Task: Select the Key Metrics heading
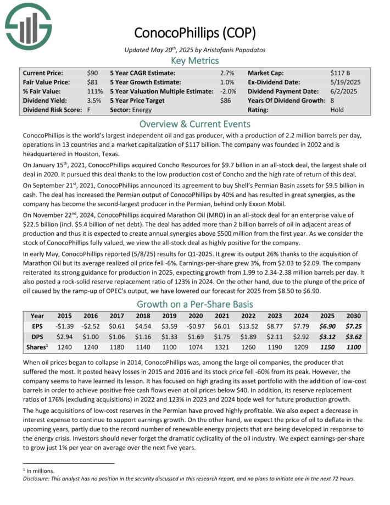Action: point(195,60)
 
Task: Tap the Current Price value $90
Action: point(92,73)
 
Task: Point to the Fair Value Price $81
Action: point(92,82)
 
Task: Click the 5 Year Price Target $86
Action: point(226,101)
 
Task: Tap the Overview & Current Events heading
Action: point(195,124)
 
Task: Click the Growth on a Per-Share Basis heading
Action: point(195,304)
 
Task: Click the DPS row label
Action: point(37,336)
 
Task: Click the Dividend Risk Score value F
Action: point(88,110)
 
